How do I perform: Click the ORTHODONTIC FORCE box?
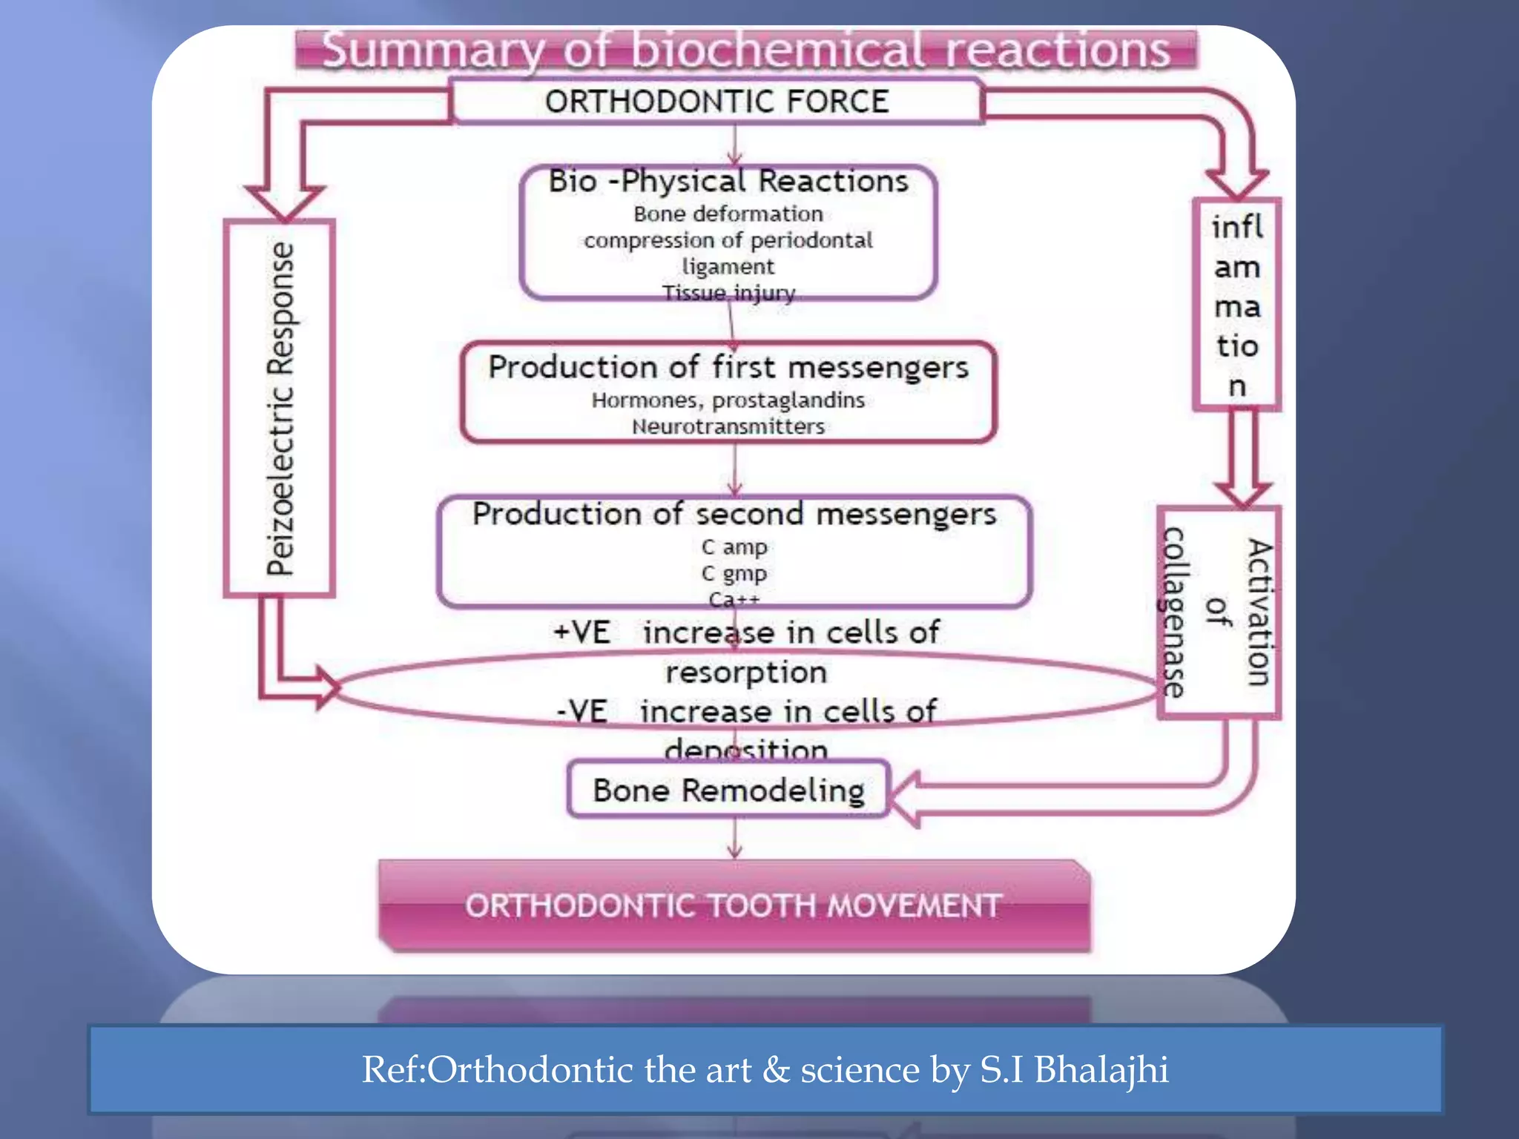tap(716, 102)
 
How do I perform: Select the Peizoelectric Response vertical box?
tap(280, 409)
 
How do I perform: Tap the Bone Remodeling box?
tap(728, 790)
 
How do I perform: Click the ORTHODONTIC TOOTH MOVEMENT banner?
tap(734, 906)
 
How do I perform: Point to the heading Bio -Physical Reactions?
tap(728, 182)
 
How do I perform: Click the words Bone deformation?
tap(728, 214)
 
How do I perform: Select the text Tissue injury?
tap(728, 294)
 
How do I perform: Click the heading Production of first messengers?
tap(728, 368)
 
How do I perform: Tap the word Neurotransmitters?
tap(728, 427)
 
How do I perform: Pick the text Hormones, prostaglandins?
tap(728, 400)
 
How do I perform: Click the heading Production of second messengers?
tap(734, 515)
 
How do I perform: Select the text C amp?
tap(734, 547)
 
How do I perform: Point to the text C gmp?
tap(734, 574)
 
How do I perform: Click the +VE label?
tap(582, 633)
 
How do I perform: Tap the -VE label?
tap(582, 712)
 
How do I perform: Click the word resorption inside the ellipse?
tap(746, 673)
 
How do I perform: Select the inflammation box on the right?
tap(1236, 305)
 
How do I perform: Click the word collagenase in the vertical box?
tap(1174, 613)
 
